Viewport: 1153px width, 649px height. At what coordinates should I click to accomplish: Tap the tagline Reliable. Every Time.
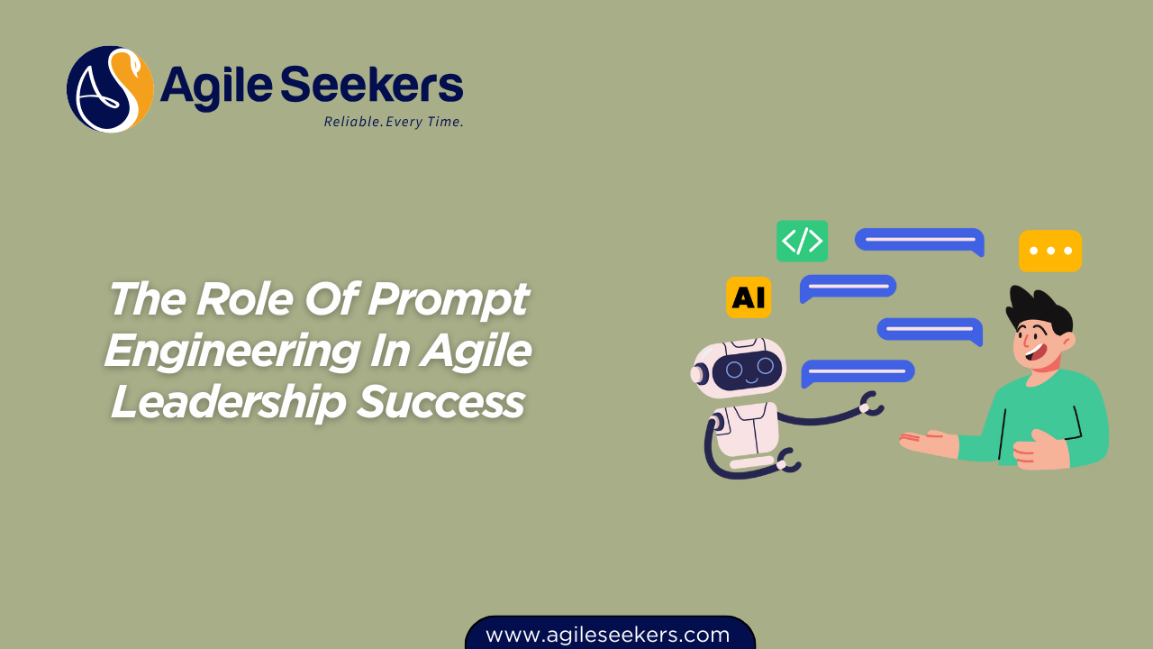pyautogui.click(x=394, y=122)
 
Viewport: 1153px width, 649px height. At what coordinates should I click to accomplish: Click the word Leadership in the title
pyautogui.click(x=228, y=402)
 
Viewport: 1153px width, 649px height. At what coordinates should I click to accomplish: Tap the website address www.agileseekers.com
pyautogui.click(x=608, y=635)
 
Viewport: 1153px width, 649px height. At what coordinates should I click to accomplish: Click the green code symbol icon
pyautogui.click(x=802, y=241)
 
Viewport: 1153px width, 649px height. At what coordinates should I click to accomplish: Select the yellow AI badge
pyautogui.click(x=749, y=297)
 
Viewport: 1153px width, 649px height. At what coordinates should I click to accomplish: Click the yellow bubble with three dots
pyautogui.click(x=1050, y=251)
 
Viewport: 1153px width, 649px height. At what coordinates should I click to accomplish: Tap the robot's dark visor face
pyautogui.click(x=747, y=369)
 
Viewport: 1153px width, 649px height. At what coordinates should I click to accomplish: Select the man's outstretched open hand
pyautogui.click(x=928, y=442)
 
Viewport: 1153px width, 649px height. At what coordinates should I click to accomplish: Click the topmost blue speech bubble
pyautogui.click(x=919, y=241)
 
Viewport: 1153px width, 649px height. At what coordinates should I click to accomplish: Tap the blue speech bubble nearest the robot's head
pyautogui.click(x=858, y=371)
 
